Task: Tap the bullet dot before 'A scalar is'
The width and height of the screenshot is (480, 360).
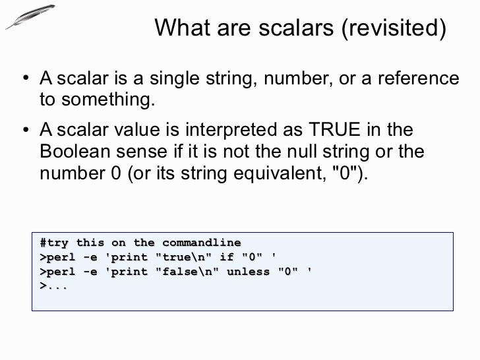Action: point(24,79)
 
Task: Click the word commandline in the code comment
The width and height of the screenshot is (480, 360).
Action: point(202,242)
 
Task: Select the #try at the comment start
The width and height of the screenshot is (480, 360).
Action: point(52,242)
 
